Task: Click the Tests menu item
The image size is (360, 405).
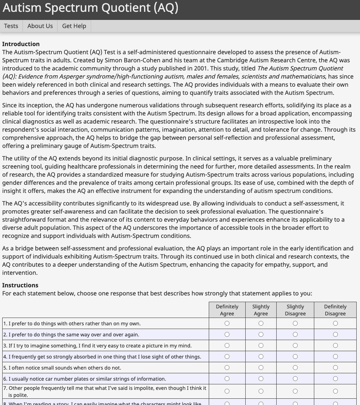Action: tap(11, 26)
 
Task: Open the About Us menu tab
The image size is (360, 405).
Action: tap(40, 26)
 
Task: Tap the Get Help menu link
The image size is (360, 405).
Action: tap(74, 26)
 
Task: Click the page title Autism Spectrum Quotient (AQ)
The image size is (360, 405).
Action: tap(90, 8)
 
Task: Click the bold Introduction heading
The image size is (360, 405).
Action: tap(21, 44)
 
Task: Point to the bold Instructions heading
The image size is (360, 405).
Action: tap(20, 285)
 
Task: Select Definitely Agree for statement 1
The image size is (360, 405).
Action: tap(227, 323)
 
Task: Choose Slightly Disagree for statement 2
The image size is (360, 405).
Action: tap(295, 335)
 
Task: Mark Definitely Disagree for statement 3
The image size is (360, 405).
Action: tap(335, 346)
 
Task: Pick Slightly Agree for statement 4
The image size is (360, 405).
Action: tap(261, 357)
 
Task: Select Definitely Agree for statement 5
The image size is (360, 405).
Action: tap(227, 368)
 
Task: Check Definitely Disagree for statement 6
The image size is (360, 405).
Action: tap(335, 379)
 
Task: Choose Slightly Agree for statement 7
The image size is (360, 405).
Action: tap(261, 391)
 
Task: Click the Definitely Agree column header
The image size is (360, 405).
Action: tap(227, 310)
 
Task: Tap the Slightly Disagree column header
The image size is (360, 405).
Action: tap(295, 310)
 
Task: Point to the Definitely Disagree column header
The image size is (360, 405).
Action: tap(335, 310)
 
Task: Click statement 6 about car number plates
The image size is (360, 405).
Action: tap(85, 379)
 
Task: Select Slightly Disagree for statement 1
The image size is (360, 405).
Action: tap(295, 323)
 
